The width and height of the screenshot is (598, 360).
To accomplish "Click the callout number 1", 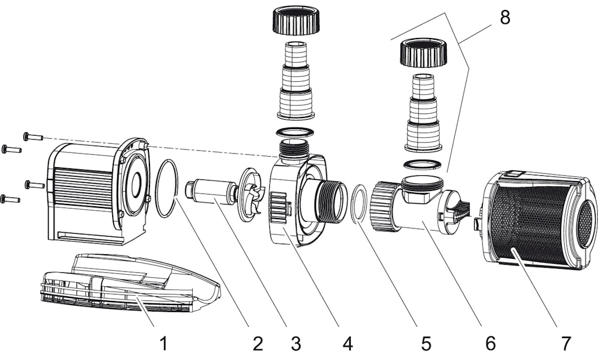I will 163,343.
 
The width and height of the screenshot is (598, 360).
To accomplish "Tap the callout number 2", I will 258,343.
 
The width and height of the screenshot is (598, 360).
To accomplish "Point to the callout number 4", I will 347,343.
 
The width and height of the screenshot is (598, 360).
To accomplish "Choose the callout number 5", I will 426,343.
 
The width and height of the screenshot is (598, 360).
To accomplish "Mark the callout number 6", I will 489,343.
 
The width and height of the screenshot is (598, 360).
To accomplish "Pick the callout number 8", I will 505,18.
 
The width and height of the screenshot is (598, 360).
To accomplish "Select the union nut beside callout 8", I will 423,54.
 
